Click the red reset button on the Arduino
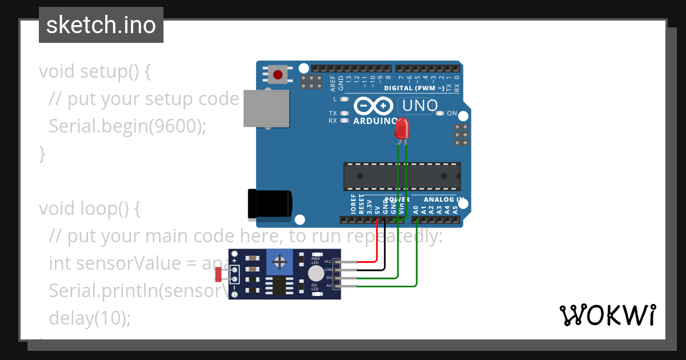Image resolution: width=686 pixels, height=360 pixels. coord(278,74)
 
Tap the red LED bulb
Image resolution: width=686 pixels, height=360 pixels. coord(402,129)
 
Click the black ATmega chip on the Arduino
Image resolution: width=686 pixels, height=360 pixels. coord(402,176)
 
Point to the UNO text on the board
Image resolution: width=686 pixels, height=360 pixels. coord(420,106)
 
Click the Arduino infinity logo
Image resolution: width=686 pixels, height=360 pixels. coord(373,106)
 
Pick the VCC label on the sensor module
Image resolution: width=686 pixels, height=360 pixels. coord(328,261)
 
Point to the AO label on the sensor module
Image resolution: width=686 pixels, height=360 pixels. coord(329,285)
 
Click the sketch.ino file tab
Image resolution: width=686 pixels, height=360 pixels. coord(101,25)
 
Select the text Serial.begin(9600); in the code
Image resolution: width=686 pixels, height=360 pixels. coord(127,126)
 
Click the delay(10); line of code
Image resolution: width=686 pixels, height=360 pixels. coord(90,318)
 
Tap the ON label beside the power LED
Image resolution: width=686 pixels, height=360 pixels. coord(452,113)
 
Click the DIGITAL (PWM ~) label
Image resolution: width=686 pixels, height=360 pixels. coord(414,88)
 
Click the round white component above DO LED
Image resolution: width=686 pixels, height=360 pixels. coord(316,274)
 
